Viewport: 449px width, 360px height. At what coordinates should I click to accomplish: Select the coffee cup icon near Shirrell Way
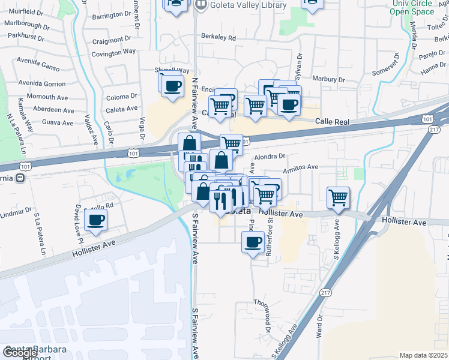click(x=172, y=85)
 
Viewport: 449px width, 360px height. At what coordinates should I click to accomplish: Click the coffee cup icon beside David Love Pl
click(x=95, y=220)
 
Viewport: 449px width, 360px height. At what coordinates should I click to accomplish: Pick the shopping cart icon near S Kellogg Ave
click(x=339, y=197)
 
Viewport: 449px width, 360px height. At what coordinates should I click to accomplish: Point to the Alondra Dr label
click(x=269, y=157)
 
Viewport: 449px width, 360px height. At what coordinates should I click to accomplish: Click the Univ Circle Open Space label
click(x=412, y=8)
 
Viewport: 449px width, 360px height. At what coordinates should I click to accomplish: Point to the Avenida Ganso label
click(x=40, y=67)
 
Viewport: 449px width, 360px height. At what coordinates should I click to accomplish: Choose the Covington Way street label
click(x=113, y=53)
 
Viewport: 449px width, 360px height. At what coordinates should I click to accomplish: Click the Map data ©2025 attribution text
click(x=423, y=355)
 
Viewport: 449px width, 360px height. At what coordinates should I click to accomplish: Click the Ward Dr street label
click(x=319, y=329)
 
